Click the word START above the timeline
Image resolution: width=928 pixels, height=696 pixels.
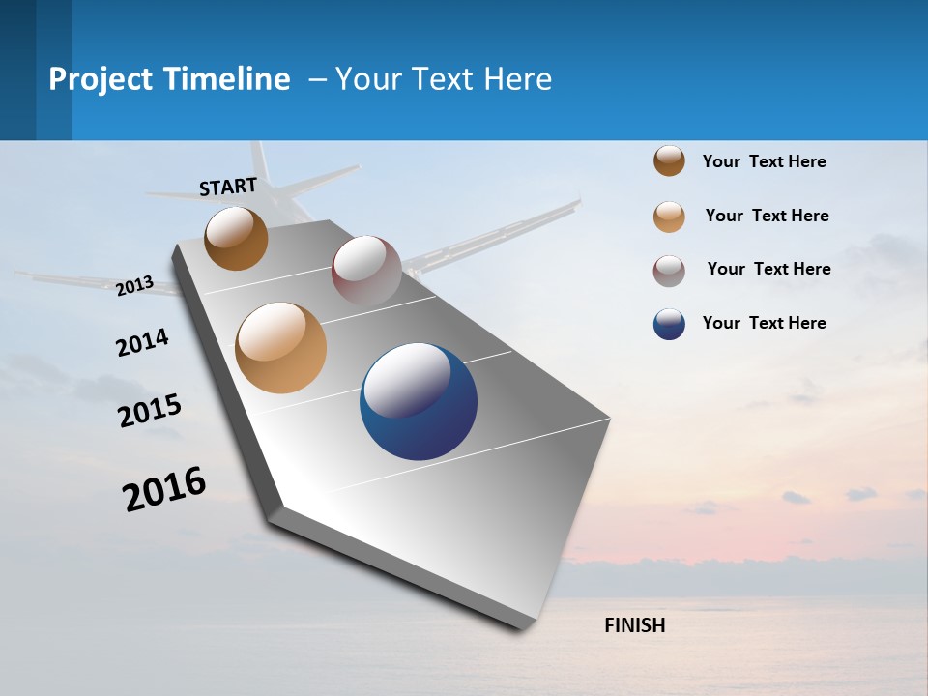228,187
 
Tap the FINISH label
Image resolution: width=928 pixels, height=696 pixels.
634,625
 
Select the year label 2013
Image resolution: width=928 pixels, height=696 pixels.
135,286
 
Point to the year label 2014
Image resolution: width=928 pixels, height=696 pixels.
142,342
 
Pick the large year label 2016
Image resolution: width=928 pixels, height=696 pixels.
164,488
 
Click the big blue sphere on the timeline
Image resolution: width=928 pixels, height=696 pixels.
419,401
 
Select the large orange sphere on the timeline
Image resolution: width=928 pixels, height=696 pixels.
280,348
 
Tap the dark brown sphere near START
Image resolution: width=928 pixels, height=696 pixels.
236,238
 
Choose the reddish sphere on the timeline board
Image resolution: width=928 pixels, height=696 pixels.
366,270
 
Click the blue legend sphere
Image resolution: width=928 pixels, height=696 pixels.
669,324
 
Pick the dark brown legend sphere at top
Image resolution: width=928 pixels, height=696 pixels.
669,160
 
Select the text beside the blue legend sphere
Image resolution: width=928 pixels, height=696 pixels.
764,323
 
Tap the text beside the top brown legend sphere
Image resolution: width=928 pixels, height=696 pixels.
764,161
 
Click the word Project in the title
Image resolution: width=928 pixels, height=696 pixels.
101,79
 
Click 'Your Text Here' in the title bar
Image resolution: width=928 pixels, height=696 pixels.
443,79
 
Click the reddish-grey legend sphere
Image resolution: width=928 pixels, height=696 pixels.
669,271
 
